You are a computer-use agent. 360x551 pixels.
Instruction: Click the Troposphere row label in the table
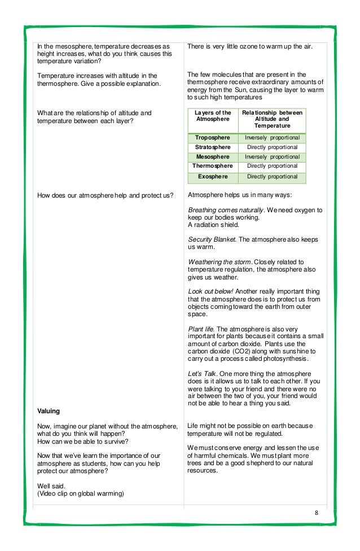pyautogui.click(x=213, y=138)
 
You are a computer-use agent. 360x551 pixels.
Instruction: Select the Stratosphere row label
pyautogui.click(x=213, y=147)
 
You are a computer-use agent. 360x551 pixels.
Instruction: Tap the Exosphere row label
pyautogui.click(x=213, y=177)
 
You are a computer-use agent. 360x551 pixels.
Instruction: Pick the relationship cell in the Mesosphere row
pyautogui.click(x=272, y=156)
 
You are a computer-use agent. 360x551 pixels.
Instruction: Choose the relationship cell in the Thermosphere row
pyautogui.click(x=272, y=166)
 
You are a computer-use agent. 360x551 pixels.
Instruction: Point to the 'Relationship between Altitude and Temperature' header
pyautogui.click(x=272, y=119)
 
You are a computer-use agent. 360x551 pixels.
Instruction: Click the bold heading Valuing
pyautogui.click(x=49, y=411)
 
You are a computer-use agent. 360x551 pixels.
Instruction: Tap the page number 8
pyautogui.click(x=317, y=513)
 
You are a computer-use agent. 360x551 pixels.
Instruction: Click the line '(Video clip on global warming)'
pyautogui.click(x=81, y=493)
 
